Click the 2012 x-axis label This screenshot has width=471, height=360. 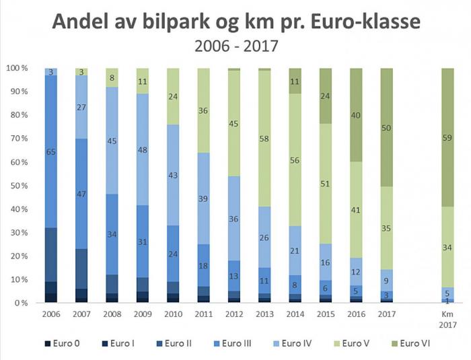234,314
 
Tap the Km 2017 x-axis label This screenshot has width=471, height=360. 447,319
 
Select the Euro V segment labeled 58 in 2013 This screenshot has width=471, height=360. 264,138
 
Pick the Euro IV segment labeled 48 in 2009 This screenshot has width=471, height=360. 143,149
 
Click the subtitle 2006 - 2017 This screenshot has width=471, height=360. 235,47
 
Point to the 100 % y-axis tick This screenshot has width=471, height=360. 15,68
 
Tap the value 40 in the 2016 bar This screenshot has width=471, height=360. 356,114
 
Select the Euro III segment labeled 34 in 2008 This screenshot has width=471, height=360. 112,235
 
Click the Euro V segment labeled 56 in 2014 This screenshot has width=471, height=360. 295,160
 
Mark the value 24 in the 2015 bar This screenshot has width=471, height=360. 326,96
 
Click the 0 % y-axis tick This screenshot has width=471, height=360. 20,303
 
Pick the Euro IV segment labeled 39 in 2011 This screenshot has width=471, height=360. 203,199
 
